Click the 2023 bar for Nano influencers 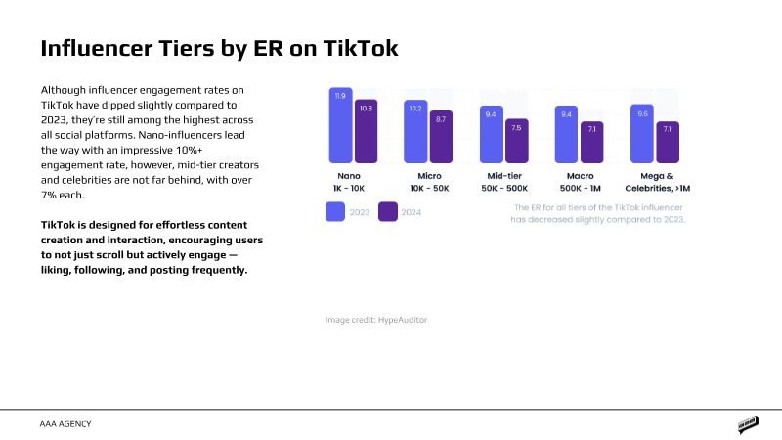coord(340,127)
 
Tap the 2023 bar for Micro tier coord(415,132)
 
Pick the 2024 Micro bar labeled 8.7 coord(441,138)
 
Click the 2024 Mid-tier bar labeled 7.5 coord(516,142)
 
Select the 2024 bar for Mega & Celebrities coord(667,143)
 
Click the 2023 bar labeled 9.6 coord(642,134)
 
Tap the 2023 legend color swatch coord(335,212)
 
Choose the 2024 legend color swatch coord(388,212)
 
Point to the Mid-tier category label coord(503,177)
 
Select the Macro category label coord(579,177)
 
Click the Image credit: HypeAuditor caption coord(376,320)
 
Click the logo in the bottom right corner coord(749,424)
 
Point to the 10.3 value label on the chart coord(366,109)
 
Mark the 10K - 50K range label coord(429,188)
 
